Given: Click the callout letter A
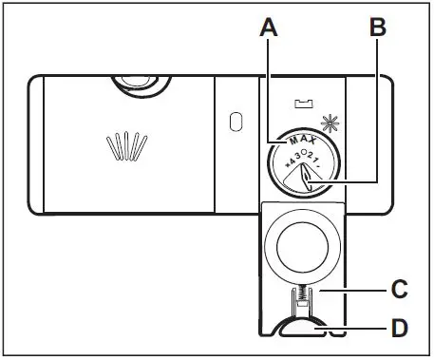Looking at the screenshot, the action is click(x=269, y=29).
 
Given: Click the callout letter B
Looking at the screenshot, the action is click(x=377, y=29).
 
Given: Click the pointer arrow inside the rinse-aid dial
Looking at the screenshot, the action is click(x=302, y=175).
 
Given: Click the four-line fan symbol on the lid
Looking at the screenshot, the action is click(x=127, y=147).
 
